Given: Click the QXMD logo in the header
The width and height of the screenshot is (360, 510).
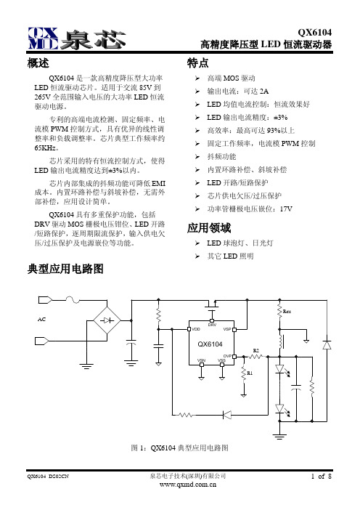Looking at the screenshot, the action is [x=43, y=38].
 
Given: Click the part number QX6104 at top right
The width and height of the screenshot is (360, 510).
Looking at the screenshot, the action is [x=315, y=32].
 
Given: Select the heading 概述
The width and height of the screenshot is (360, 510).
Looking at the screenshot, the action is [x=38, y=63].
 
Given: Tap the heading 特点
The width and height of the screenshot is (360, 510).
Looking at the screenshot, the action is [x=197, y=63].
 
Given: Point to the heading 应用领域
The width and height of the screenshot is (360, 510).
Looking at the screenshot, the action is [x=209, y=228].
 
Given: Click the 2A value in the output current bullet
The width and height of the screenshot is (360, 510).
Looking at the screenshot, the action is [x=264, y=92].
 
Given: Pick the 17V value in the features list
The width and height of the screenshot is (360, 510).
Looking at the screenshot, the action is [x=286, y=209].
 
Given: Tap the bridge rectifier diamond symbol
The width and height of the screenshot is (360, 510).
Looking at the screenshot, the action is [x=107, y=320].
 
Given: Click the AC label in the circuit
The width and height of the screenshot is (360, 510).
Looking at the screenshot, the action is [x=41, y=320].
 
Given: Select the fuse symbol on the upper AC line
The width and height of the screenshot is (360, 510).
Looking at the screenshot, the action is [x=73, y=299].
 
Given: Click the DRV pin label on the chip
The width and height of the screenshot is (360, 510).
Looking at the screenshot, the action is [x=212, y=325].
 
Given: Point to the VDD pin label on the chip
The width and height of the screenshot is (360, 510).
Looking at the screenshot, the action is [x=196, y=329].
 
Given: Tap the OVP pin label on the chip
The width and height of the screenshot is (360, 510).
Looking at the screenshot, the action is [x=227, y=356].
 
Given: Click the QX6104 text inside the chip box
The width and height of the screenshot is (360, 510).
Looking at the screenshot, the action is [x=210, y=344].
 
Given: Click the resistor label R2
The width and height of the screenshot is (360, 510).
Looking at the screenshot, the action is [x=256, y=351].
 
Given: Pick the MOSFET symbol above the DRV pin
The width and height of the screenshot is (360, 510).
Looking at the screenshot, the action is [x=212, y=304].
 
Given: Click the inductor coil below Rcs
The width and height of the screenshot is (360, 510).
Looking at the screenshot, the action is [x=280, y=341].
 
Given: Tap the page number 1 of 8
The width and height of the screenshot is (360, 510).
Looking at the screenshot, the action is [x=322, y=477].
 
